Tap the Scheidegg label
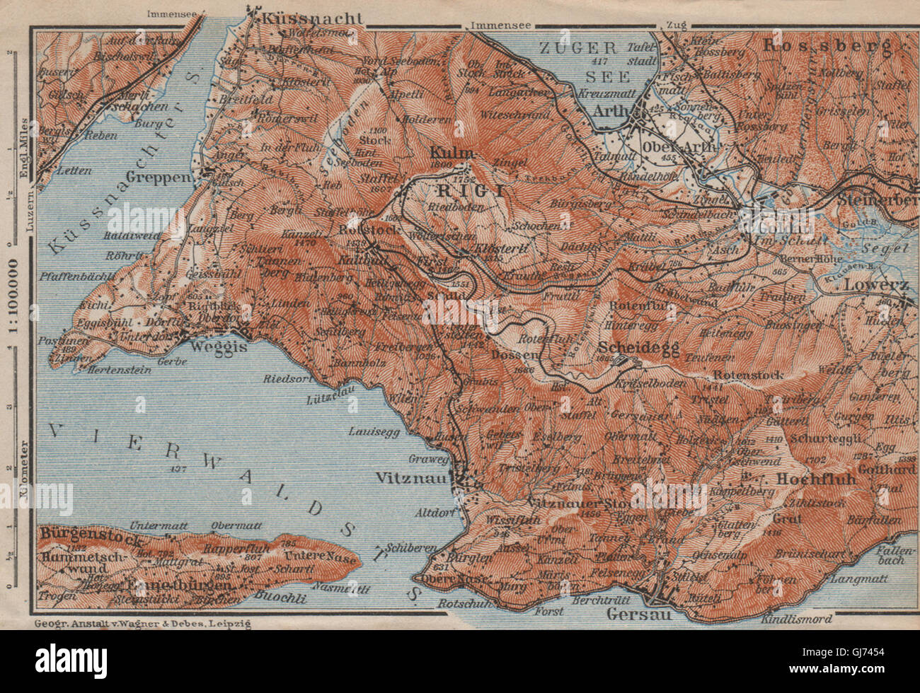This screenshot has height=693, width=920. pos(638,348)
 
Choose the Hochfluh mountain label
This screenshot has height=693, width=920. pos(817,478)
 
